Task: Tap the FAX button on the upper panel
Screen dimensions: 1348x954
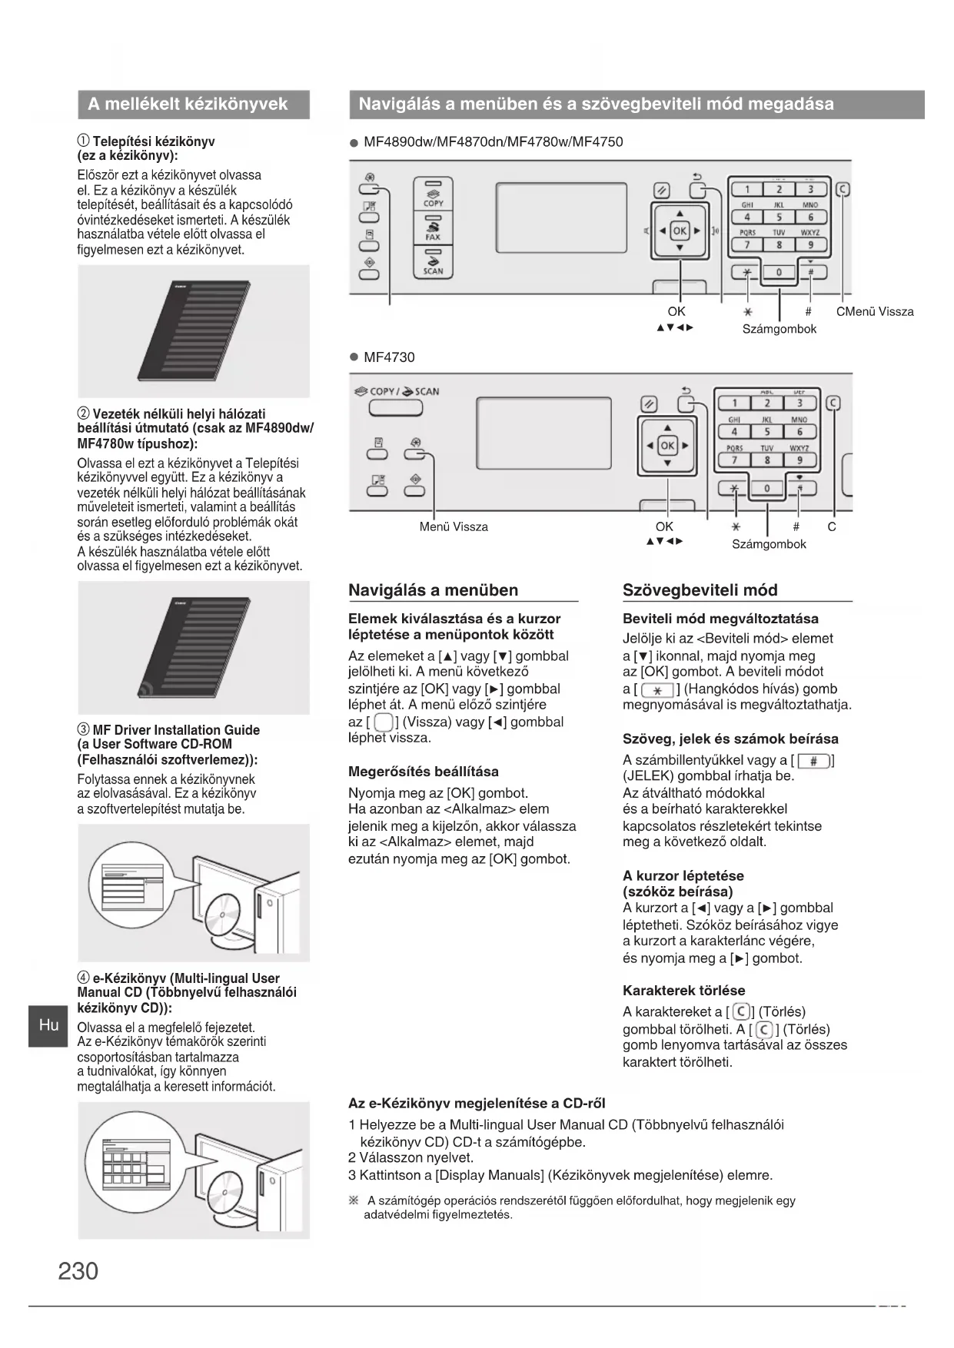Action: tap(433, 228)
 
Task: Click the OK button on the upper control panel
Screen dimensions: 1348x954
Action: tap(680, 230)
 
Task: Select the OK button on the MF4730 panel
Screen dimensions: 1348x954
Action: tap(667, 446)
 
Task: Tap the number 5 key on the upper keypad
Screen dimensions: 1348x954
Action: tap(779, 217)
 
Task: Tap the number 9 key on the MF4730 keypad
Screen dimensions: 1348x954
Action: tap(799, 460)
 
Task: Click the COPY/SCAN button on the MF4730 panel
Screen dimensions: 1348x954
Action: tap(396, 407)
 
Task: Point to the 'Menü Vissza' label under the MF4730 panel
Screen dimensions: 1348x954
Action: tap(454, 526)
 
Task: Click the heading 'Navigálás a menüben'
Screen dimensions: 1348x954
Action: tap(434, 590)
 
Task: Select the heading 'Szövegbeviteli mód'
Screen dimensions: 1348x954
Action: tap(700, 590)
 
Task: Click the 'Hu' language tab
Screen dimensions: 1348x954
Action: tap(48, 1025)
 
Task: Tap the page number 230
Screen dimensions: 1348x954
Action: tap(78, 1270)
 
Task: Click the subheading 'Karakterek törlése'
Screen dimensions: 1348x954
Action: tap(683, 990)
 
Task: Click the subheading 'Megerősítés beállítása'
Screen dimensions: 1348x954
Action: tap(423, 772)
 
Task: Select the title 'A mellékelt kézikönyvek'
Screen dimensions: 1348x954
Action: tap(188, 105)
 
